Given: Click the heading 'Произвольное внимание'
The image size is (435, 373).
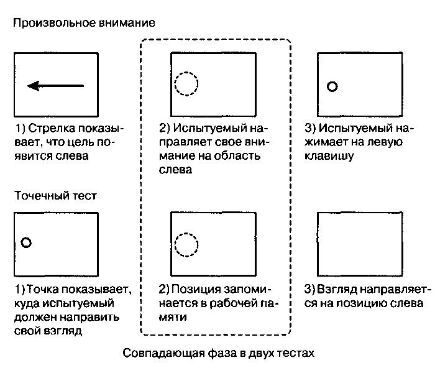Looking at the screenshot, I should (83, 23).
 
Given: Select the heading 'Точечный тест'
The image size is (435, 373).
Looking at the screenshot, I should (55, 196).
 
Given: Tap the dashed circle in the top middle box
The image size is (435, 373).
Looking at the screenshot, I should (186, 83).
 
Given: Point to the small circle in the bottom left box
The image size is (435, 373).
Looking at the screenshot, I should (26, 243).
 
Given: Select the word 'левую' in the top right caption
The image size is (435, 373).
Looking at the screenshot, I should (385, 142).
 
